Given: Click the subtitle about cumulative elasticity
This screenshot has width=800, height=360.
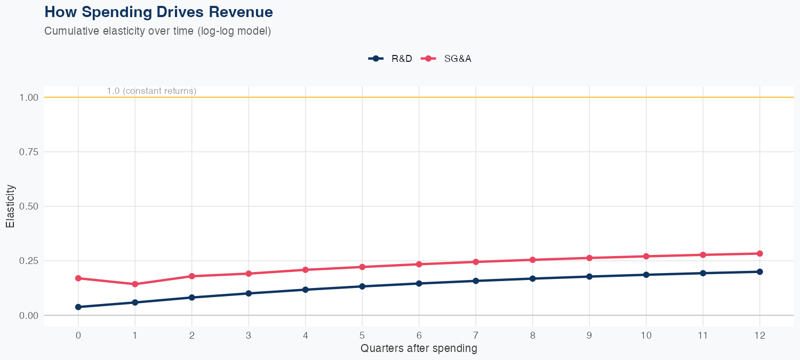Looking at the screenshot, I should (x=158, y=31).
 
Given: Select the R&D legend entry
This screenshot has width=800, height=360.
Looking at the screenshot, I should (x=391, y=59).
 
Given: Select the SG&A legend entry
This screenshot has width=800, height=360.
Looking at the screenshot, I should (x=447, y=59).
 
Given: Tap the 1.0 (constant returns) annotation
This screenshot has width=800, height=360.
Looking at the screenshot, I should (x=151, y=91).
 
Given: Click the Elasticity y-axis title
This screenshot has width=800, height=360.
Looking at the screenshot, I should (x=10, y=206).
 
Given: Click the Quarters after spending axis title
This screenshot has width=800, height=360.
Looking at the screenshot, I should (x=419, y=349).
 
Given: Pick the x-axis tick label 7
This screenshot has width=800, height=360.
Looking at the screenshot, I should (x=475, y=335).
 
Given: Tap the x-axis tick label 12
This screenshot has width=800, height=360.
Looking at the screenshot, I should (x=759, y=335).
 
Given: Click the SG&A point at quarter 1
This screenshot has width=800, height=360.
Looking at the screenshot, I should (x=135, y=284).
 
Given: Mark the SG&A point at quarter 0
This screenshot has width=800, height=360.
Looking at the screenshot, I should (x=78, y=278).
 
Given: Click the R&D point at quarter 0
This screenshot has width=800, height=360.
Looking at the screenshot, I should (x=78, y=307).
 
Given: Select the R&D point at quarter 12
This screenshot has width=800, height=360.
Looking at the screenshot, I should (x=759, y=271).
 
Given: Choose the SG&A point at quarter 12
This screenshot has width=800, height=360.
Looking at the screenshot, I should (x=759, y=254).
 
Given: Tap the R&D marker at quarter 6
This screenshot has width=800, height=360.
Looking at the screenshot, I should (x=419, y=283).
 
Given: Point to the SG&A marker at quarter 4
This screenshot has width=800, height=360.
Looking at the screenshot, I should (x=305, y=270).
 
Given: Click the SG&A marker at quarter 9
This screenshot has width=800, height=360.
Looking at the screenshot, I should (x=589, y=258).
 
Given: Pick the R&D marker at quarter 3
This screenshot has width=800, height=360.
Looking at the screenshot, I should (x=249, y=293).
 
